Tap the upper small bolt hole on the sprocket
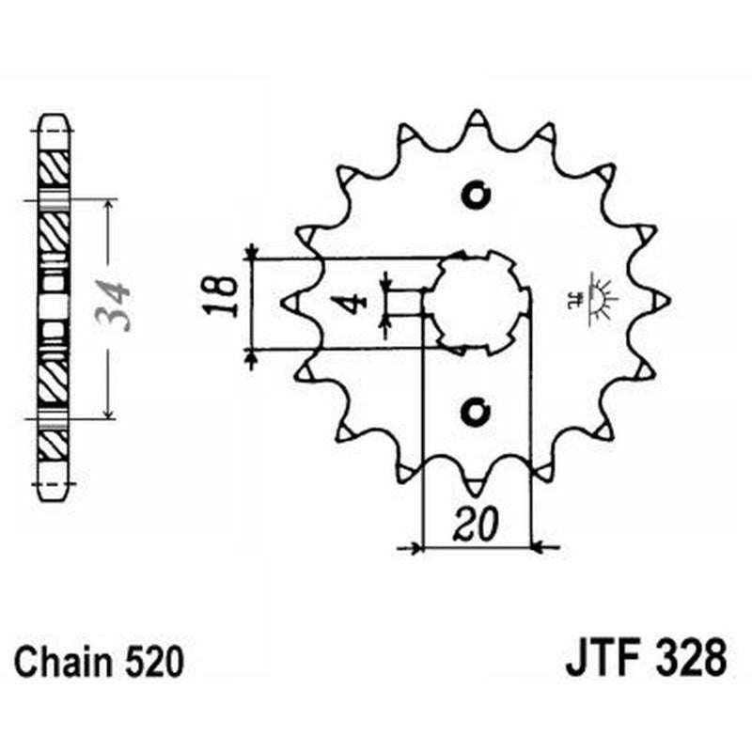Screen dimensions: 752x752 pos(477,196)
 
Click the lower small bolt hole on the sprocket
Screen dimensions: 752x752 pos(477,412)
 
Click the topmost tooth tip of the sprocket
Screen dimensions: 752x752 pos(477,117)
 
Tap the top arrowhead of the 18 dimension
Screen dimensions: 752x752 pos(251,251)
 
